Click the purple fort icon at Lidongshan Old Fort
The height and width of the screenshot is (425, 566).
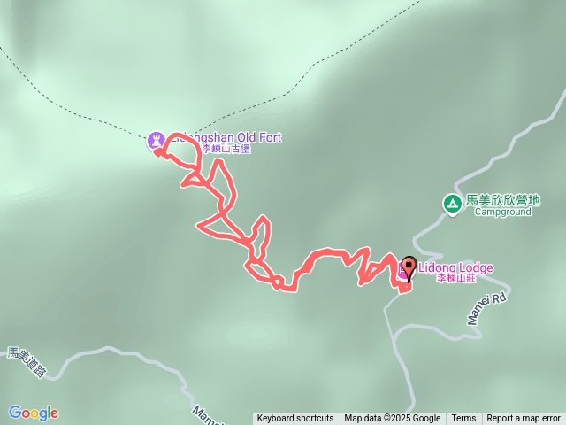click(x=157, y=139)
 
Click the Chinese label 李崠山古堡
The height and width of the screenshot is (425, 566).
click(x=226, y=150)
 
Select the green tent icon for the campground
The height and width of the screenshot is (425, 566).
click(x=452, y=205)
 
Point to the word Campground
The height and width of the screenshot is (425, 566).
click(x=502, y=212)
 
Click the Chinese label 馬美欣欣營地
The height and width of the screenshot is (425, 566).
click(x=502, y=201)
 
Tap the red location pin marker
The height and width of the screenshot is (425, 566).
click(x=409, y=267)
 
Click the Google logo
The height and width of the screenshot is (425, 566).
click(x=34, y=413)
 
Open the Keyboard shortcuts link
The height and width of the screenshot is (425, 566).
click(x=295, y=419)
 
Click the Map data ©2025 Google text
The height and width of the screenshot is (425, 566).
click(x=393, y=419)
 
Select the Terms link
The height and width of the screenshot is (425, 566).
click(x=463, y=419)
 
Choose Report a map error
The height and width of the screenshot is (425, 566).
click(x=524, y=419)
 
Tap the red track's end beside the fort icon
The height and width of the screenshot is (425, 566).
click(x=157, y=152)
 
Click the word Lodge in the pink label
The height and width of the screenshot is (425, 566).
click(x=476, y=267)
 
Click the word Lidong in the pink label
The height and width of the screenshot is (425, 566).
click(x=437, y=267)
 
